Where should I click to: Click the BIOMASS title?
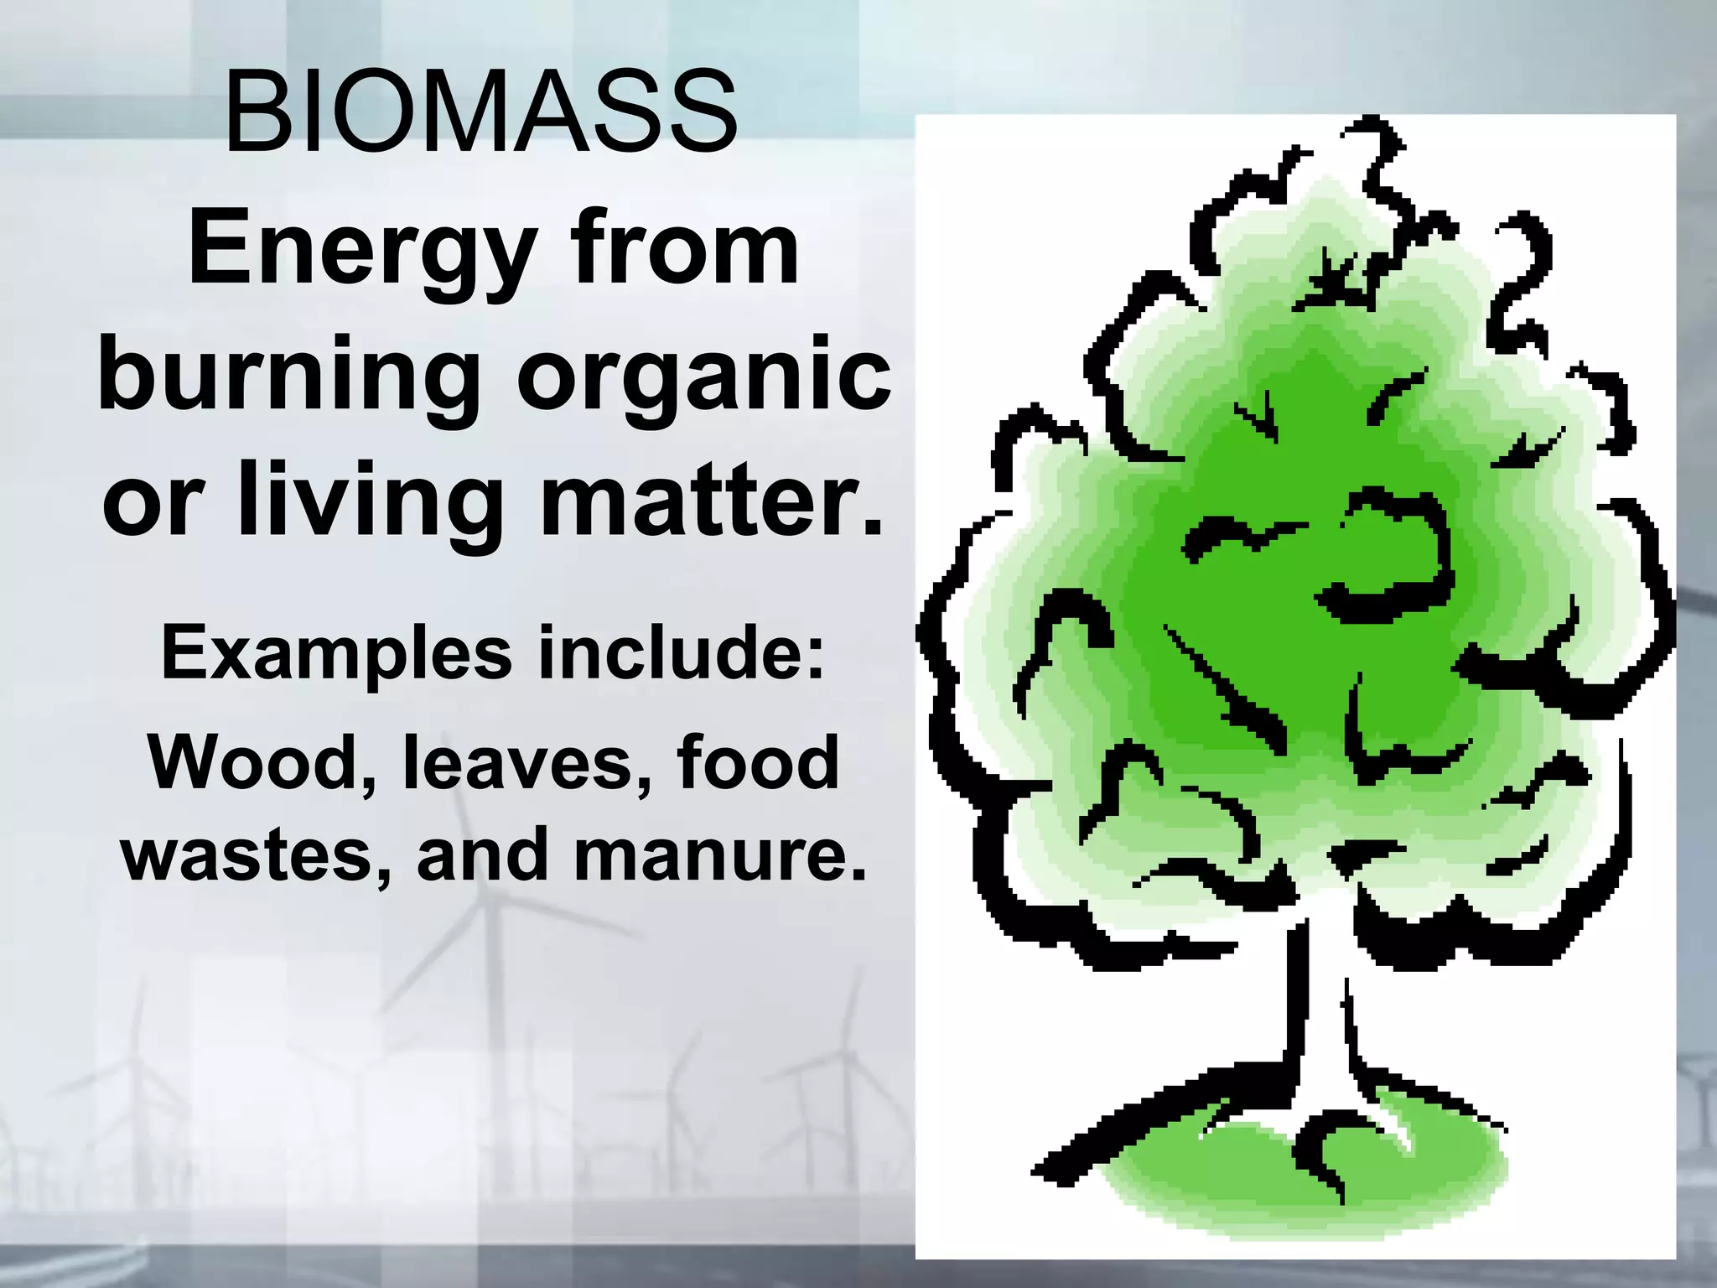(480, 112)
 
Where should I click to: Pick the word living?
(361, 501)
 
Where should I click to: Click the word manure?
(720, 855)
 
